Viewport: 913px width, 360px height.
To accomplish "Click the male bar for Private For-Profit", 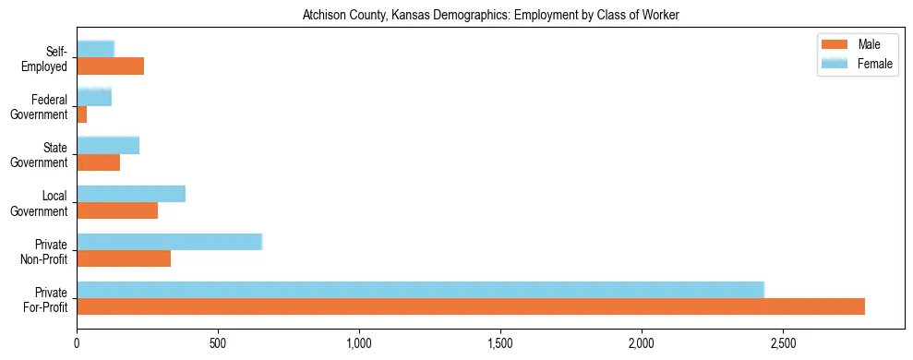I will pyautogui.click(x=471, y=306).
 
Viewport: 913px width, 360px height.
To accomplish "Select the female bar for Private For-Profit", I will pyautogui.click(x=420, y=290).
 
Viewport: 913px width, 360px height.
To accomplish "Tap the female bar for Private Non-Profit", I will pyautogui.click(x=170, y=242).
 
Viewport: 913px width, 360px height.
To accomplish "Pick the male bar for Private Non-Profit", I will pyautogui.click(x=124, y=258).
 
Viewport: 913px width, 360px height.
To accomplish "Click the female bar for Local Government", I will pyautogui.click(x=131, y=194).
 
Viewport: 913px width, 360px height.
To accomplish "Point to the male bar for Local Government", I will pyautogui.click(x=117, y=210).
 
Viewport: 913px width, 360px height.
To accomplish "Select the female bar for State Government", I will pyautogui.click(x=108, y=145).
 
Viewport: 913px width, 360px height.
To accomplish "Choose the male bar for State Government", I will pyautogui.click(x=99, y=162).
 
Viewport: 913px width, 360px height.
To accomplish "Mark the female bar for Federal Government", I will pyautogui.click(x=94, y=97).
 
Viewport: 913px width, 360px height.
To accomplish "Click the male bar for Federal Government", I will pyautogui.click(x=82, y=114).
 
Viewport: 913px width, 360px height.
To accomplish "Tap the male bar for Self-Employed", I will pyautogui.click(x=111, y=66).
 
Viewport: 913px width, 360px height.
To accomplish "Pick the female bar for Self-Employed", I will pyautogui.click(x=96, y=49).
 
